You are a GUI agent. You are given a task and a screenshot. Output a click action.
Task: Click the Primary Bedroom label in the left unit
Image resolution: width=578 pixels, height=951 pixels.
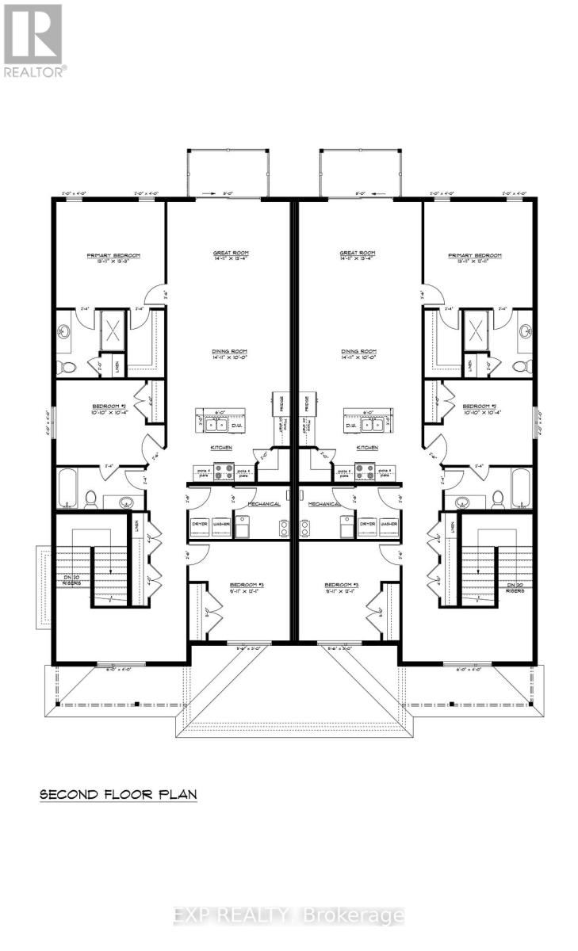pyautogui.click(x=113, y=255)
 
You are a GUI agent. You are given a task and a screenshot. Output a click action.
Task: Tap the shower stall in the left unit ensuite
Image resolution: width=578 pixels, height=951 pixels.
pyautogui.click(x=111, y=330)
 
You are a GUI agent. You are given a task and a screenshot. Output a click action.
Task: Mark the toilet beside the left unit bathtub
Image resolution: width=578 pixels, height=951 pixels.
pyautogui.click(x=90, y=499)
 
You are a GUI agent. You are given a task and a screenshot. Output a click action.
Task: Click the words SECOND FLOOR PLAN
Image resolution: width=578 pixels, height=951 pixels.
pyautogui.click(x=118, y=793)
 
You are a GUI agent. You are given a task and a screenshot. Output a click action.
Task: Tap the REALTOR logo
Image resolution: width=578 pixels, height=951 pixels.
pyautogui.click(x=33, y=40)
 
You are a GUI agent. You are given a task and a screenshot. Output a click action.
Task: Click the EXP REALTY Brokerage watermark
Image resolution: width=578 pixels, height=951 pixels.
pyautogui.click(x=289, y=916)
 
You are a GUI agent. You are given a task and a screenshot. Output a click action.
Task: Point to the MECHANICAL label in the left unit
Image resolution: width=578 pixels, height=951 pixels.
pyautogui.click(x=264, y=503)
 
